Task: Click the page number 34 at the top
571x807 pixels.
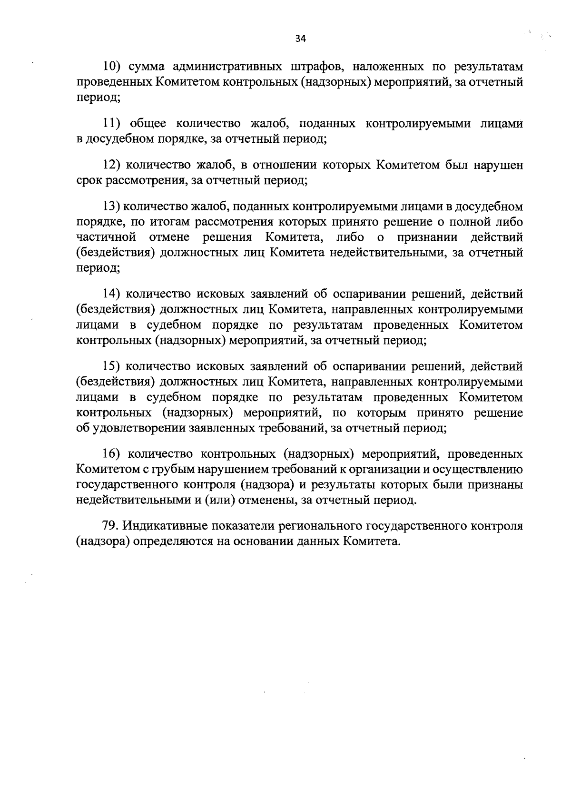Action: pos(300,39)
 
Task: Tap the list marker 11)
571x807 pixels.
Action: pos(112,124)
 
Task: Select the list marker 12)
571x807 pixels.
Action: pos(113,165)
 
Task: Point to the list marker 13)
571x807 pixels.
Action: pos(113,207)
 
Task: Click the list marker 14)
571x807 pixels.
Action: pos(113,295)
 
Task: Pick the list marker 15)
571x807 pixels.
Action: pos(113,366)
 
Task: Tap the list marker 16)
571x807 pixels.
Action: pos(113,454)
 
